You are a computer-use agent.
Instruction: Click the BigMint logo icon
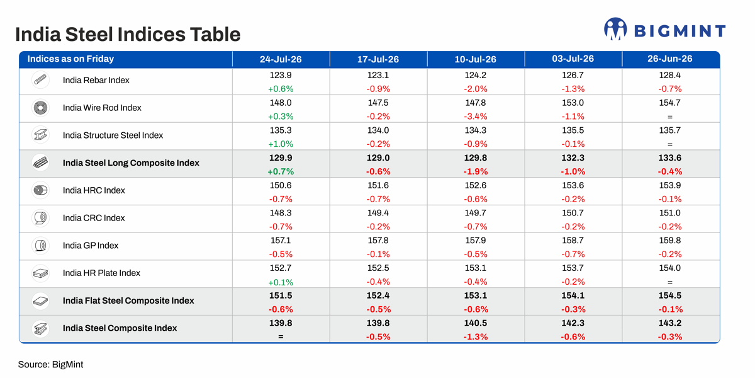615,29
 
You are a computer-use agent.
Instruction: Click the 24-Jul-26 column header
281,59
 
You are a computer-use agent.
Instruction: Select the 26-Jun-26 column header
669,59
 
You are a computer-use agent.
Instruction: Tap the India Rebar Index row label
96,80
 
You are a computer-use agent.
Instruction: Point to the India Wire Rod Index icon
40,108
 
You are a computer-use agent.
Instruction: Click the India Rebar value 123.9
281,75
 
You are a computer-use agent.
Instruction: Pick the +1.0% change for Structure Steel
281,144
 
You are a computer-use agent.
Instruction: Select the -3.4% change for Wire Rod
475,117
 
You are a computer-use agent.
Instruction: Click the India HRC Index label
94,190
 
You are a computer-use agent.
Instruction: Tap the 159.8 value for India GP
669,240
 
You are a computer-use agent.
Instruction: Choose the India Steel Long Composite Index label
131,163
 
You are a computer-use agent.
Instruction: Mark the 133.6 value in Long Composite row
669,157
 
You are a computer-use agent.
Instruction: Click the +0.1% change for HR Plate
281,282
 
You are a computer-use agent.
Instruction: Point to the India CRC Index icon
40,218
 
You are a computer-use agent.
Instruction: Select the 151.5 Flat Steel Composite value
281,295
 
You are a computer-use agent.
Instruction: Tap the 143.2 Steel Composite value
669,323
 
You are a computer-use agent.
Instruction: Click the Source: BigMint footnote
50,365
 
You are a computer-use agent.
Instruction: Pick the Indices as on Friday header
70,59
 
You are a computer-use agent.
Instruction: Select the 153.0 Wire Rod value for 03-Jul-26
573,103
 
